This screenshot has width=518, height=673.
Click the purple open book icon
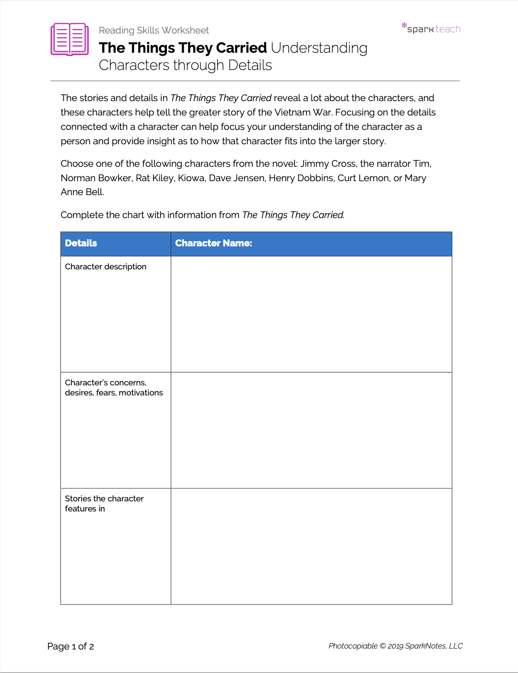pyautogui.click(x=70, y=39)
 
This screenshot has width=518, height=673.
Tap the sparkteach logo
pyautogui.click(x=431, y=28)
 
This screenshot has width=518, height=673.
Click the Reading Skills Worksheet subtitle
pyautogui.click(x=153, y=30)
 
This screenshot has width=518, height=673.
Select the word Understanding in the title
pyautogui.click(x=319, y=48)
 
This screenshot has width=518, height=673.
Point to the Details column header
pyautogui.click(x=81, y=243)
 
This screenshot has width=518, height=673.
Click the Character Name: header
pyautogui.click(x=213, y=243)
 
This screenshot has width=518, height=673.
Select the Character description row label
pyautogui.click(x=106, y=267)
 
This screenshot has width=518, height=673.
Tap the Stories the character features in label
pyautogui.click(x=104, y=503)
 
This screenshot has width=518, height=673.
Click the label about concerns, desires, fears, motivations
pyautogui.click(x=114, y=387)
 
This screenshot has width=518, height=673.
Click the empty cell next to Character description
pyautogui.click(x=311, y=314)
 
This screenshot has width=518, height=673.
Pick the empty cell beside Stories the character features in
pyautogui.click(x=311, y=546)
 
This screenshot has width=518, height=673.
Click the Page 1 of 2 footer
pyautogui.click(x=71, y=646)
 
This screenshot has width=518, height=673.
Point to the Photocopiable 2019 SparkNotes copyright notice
pyautogui.click(x=395, y=646)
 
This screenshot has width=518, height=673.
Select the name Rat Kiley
pyautogui.click(x=154, y=178)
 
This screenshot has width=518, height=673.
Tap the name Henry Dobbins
pyautogui.click(x=301, y=178)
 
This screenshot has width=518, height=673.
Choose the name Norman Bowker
pyautogui.click(x=96, y=178)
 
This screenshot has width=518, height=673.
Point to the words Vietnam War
pyautogui.click(x=303, y=112)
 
